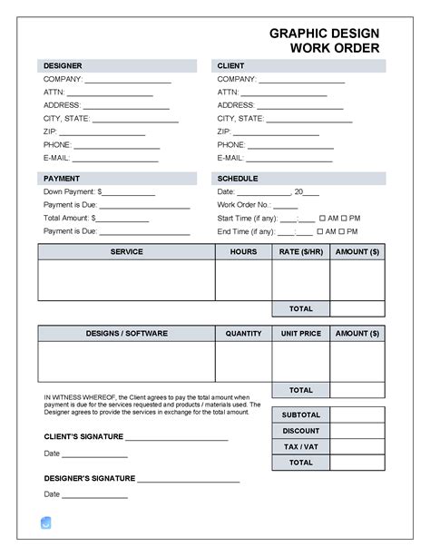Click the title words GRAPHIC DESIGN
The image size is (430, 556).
point(324,33)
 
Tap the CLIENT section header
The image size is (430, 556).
point(230,66)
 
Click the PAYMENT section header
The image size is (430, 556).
point(62,179)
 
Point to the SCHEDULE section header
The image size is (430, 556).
point(238,179)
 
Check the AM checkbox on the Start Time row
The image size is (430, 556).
point(320,219)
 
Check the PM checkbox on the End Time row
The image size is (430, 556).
point(344,231)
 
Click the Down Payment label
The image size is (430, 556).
point(70,192)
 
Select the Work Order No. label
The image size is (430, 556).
point(246,205)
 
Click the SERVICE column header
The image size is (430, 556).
point(126,251)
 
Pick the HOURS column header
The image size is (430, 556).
point(243,251)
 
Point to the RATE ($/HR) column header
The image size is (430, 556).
point(300,251)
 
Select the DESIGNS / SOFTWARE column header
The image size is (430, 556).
point(126,334)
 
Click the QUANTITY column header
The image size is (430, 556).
point(243,334)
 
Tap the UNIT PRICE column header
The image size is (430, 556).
point(300,334)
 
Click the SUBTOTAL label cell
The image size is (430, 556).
point(300,415)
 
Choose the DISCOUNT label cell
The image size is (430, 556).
point(300,431)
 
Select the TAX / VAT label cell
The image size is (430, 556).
point(300,446)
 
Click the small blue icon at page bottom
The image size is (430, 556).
point(46,522)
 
